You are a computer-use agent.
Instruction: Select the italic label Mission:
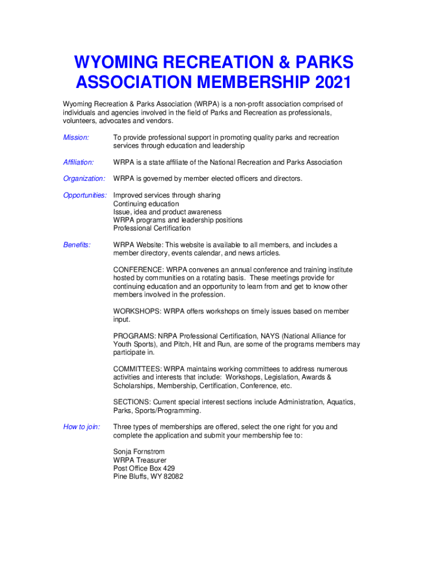[76, 137]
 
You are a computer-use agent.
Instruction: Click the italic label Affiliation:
[78, 163]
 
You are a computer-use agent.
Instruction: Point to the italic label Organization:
[84, 179]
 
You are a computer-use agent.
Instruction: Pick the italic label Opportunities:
[85, 195]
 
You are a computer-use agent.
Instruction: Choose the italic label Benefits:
[77, 245]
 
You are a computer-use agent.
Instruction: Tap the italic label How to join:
[82, 427]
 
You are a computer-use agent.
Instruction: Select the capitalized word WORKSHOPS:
[137, 312]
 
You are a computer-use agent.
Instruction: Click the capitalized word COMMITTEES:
[137, 369]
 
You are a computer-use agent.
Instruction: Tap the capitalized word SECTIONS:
[132, 402]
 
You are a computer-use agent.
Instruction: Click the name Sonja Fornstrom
[139, 452]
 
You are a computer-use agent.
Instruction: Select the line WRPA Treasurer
[140, 460]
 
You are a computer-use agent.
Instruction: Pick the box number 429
[168, 469]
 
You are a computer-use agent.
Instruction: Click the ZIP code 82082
[172, 477]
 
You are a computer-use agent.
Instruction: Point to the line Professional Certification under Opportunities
[152, 228]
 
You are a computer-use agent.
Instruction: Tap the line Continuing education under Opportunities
[146, 204]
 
